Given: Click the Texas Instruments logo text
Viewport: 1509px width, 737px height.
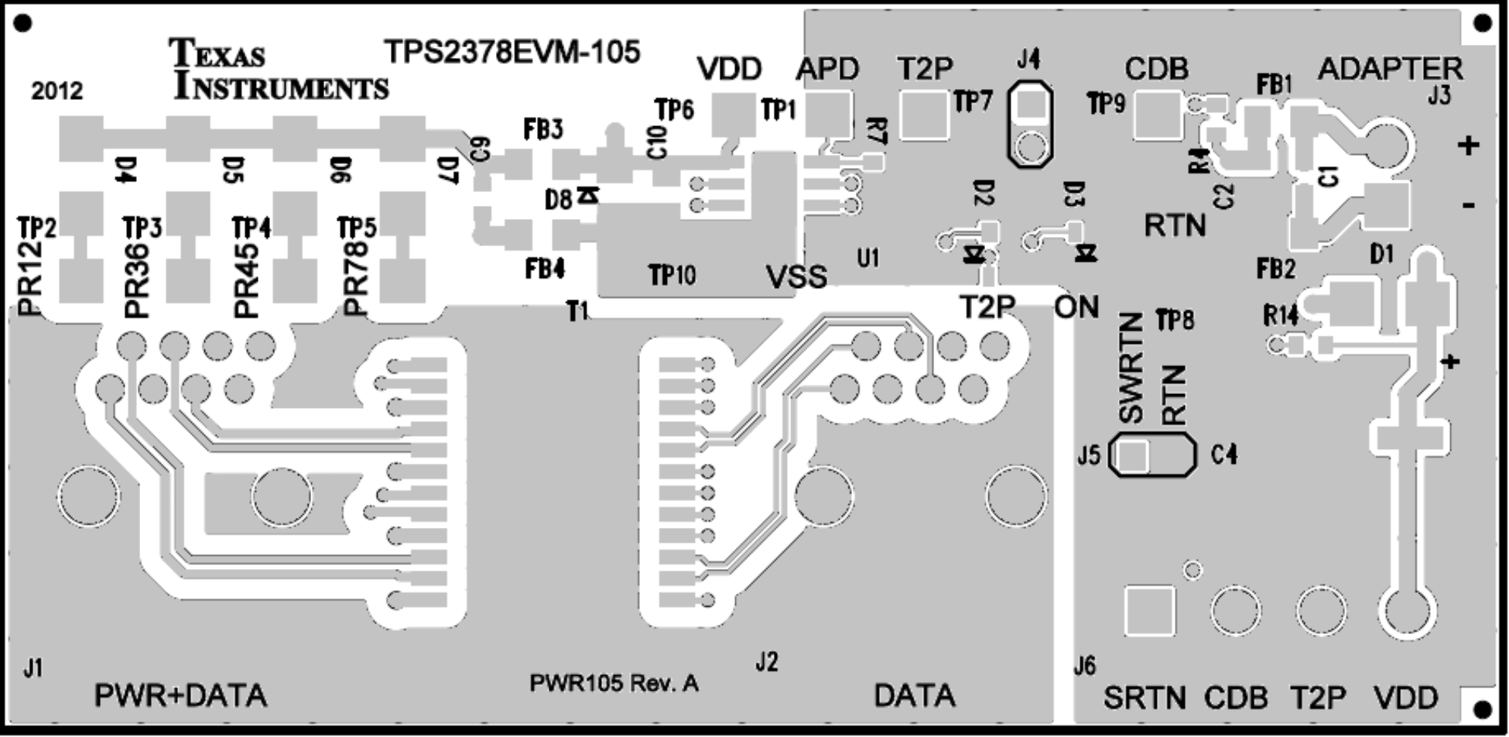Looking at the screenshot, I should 279,70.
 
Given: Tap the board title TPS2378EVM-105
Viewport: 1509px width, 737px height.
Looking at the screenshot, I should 512,52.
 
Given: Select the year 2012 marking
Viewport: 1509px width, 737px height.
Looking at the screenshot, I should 56,91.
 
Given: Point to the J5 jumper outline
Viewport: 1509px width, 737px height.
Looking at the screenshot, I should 1151,457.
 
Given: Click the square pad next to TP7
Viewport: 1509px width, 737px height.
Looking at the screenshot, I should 925,115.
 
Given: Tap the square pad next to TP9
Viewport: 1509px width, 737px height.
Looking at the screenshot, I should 1158,114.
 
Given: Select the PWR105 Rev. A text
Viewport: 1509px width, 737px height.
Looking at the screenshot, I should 614,684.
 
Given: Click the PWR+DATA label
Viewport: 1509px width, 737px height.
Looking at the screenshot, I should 180,696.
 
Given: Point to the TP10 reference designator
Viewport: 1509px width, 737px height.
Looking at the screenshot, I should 672,275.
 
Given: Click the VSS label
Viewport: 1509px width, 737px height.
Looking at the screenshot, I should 796,276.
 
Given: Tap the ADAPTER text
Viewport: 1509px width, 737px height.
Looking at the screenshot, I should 1390,70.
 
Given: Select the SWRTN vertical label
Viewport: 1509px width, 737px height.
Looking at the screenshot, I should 1131,368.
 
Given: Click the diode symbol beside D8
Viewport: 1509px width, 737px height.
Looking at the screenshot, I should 589,196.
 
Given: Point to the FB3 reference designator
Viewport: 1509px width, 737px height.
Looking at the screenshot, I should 543,129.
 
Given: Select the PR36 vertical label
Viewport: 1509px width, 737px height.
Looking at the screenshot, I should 136,280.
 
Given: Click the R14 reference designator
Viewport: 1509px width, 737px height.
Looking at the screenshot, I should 1281,316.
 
